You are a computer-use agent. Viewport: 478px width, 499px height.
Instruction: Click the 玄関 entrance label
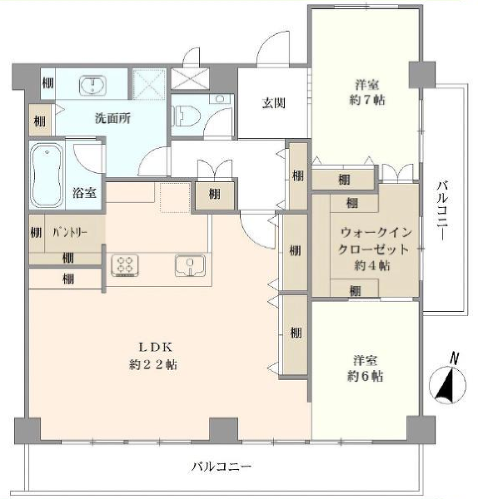pos(274,103)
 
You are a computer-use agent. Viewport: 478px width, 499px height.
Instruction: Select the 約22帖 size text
pos(153,364)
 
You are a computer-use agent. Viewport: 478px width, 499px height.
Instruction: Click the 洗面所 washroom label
pos(113,117)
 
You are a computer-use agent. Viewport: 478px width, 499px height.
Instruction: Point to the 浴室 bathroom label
pos(83,193)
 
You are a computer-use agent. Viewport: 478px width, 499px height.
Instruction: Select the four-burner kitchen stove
pos(125,265)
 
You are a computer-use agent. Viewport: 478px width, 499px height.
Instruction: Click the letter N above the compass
pos(454,358)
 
